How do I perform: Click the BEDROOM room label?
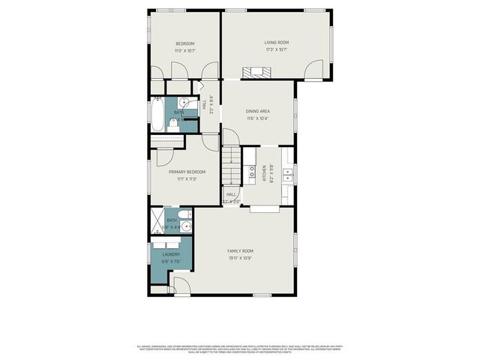pyautogui.click(x=185, y=43)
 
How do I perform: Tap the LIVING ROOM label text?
pyautogui.click(x=276, y=43)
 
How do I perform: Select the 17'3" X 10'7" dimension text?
pyautogui.click(x=276, y=49)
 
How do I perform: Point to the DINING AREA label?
pyautogui.click(x=257, y=112)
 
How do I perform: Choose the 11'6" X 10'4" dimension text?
pyautogui.click(x=257, y=118)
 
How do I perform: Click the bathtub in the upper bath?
pyautogui.click(x=157, y=116)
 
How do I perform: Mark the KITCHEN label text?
pyautogui.click(x=264, y=173)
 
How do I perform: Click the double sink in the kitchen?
pyautogui.click(x=288, y=175)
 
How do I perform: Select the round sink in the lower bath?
pyautogui.click(x=186, y=225)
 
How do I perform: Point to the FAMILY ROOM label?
pyautogui.click(x=241, y=250)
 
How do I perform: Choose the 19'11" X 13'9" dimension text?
pyautogui.click(x=241, y=257)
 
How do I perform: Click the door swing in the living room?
pyautogui.click(x=313, y=71)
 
